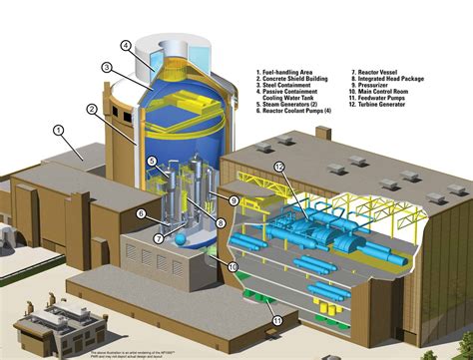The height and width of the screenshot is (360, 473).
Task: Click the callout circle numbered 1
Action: coord(58,130)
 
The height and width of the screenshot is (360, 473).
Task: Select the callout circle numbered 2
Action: coord(92,109)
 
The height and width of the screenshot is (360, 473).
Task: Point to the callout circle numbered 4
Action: coord(126,45)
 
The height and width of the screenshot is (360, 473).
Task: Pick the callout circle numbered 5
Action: coord(151,162)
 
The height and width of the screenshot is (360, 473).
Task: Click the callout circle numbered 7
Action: coord(157,238)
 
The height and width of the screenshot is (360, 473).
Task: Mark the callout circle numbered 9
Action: coord(234,201)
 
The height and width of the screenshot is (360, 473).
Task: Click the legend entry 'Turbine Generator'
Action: coord(390,104)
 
